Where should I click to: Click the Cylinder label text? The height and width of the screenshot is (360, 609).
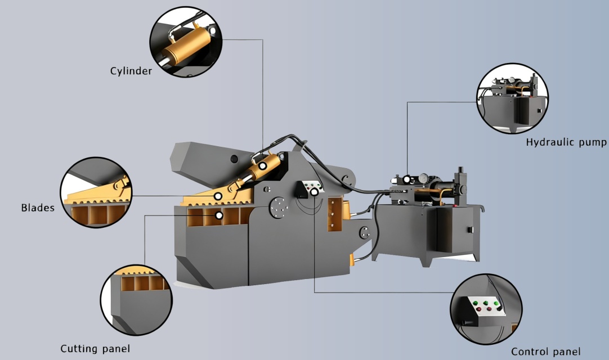click(x=131, y=71)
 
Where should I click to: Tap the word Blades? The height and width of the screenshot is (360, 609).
click(x=38, y=208)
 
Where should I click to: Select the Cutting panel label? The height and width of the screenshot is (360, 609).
click(x=95, y=349)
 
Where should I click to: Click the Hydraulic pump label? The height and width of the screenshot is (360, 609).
click(x=566, y=142)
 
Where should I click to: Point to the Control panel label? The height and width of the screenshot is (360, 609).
click(x=545, y=352)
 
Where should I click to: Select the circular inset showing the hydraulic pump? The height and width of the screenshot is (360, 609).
click(x=512, y=100)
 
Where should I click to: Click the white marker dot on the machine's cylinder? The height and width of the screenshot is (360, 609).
click(x=263, y=166)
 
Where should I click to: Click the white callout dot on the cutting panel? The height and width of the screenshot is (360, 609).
click(x=218, y=215)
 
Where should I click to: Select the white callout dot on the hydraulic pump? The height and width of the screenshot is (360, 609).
click(x=407, y=179)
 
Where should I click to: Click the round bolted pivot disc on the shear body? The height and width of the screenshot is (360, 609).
click(x=278, y=206)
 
